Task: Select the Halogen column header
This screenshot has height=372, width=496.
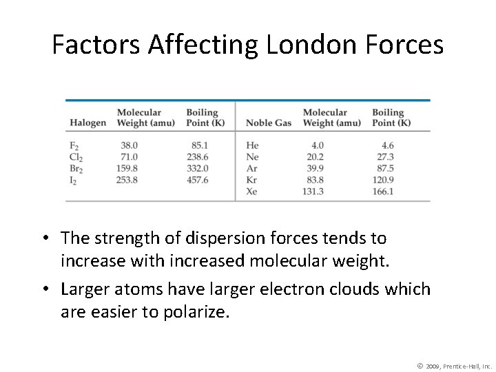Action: [x=87, y=123]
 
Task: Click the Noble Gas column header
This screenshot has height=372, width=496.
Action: [x=269, y=123]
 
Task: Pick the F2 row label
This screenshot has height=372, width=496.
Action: [x=74, y=146]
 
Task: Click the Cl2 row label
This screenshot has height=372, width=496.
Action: [x=76, y=158]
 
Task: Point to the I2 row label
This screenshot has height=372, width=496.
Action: [x=74, y=180]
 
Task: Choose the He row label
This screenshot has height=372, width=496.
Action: [x=252, y=145]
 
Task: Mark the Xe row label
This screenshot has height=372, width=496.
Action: [x=252, y=192]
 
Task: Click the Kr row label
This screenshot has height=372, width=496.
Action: [x=251, y=180]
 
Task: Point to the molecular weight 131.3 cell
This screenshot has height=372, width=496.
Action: [x=313, y=192]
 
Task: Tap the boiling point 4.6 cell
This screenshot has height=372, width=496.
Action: [x=387, y=145]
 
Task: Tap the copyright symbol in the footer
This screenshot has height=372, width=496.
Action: [x=420, y=364]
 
